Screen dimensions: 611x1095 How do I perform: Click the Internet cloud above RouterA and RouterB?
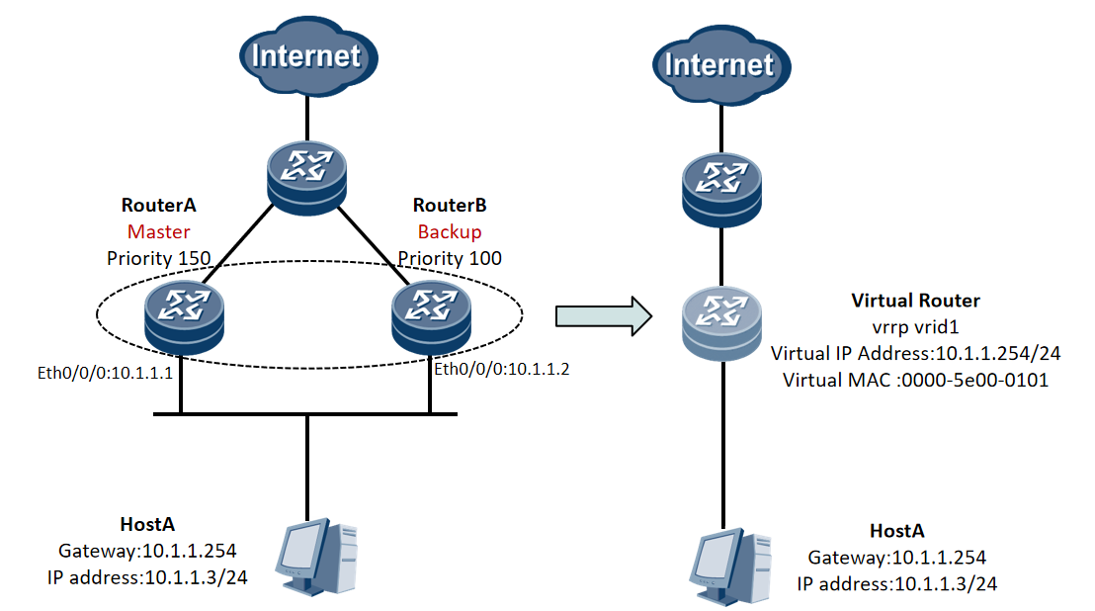306,56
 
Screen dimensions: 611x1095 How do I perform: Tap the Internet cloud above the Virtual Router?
718,65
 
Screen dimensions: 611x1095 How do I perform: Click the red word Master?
158,232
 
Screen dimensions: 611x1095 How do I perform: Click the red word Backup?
450,232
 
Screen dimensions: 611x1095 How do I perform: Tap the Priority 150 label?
158,258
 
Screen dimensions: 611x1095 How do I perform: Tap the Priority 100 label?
450,258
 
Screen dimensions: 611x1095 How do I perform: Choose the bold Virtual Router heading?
915,300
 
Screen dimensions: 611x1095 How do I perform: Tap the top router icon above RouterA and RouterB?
307,176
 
